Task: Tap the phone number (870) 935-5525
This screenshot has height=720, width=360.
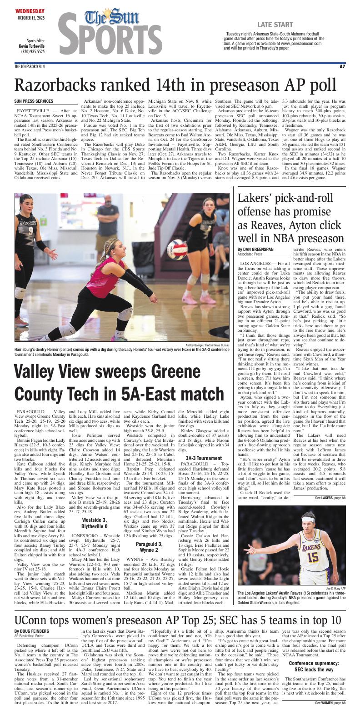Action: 33,52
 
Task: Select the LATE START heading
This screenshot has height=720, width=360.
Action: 275,24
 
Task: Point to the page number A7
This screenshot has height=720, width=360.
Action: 342,67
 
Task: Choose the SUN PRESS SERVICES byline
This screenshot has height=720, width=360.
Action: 34,101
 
